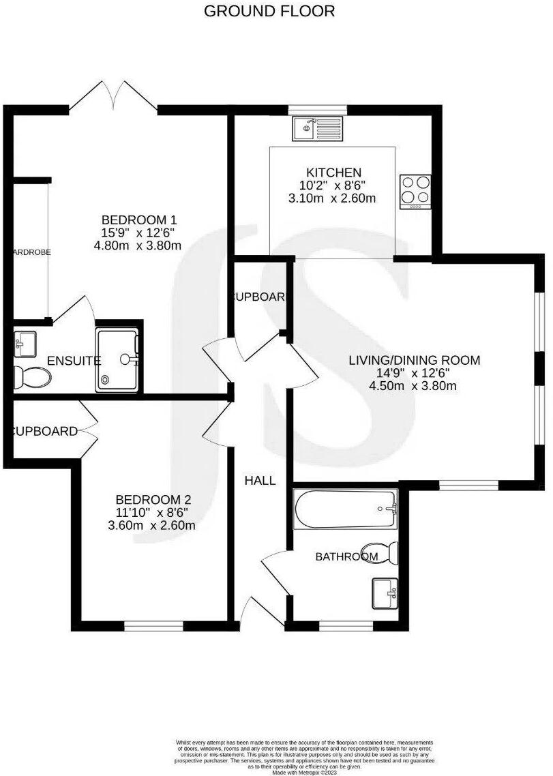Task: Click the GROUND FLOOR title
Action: (x=269, y=11)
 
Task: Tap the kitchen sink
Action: (x=317, y=128)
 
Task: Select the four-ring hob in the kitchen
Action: (x=416, y=190)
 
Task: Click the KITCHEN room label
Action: (x=333, y=173)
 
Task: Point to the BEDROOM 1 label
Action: (x=139, y=220)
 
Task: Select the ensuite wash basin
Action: (x=25, y=343)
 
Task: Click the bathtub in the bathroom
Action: (x=345, y=509)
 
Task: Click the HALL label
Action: (x=260, y=481)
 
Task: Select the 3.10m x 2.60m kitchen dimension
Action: (x=333, y=198)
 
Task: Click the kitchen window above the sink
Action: (x=317, y=109)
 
